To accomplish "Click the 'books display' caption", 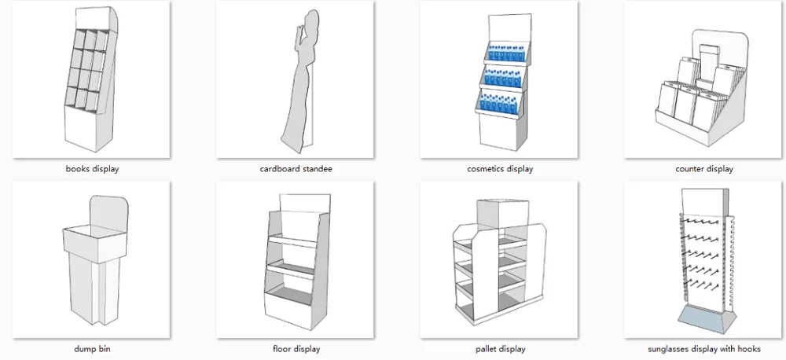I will (94, 169).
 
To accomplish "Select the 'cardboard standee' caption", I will (295, 169).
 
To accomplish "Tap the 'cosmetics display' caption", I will (500, 169).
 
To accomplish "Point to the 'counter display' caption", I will (703, 169).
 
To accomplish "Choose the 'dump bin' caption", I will (94, 349).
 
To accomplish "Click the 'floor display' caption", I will (295, 349).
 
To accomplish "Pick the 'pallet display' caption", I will (500, 349).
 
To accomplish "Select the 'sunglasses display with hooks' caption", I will (703, 349).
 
